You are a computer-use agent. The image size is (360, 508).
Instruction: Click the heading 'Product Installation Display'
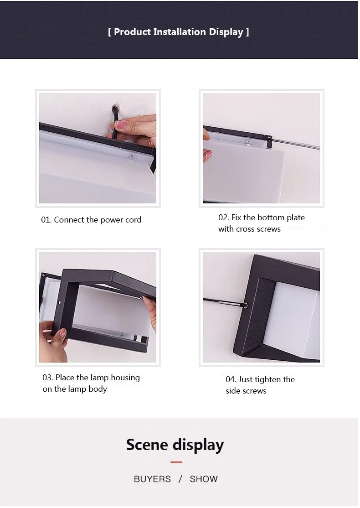(179, 32)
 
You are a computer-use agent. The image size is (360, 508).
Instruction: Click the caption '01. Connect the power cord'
(91, 220)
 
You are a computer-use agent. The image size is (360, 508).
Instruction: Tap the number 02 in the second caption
(223, 218)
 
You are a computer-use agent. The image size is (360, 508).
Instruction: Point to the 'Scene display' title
(175, 445)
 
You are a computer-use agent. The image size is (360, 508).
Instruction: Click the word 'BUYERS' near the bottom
(152, 479)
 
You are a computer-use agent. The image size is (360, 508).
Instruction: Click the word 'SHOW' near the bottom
(204, 479)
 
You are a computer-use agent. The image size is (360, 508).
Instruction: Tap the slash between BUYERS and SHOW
(180, 479)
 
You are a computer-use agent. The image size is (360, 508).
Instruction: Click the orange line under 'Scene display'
(176, 462)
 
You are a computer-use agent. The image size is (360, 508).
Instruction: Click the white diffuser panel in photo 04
(296, 319)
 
